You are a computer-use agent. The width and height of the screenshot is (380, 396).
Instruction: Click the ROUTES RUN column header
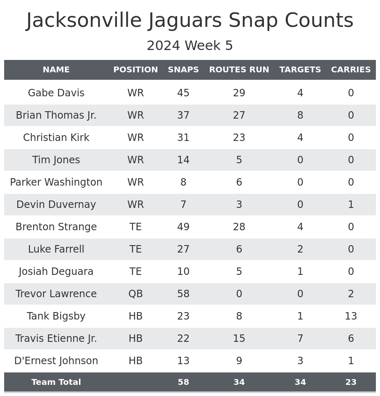pos(239,70)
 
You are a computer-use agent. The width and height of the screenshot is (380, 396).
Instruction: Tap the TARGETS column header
pos(300,70)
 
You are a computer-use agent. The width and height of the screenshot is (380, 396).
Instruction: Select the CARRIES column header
pos(351,70)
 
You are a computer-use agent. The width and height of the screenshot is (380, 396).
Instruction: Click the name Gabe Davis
pos(56,93)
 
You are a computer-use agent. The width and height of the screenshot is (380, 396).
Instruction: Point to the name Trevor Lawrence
pos(56,294)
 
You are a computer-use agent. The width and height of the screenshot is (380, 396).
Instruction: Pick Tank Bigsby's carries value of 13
pos(351,316)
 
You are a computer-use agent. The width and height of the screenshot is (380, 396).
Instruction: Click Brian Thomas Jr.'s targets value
pos(300,115)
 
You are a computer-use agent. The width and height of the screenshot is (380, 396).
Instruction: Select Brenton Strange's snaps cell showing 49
pos(183,227)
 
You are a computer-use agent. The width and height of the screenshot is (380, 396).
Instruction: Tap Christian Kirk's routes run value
pos(239,138)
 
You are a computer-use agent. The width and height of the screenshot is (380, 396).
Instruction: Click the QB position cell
pos(135,294)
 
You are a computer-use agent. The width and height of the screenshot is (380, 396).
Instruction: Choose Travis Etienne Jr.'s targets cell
pos(300,339)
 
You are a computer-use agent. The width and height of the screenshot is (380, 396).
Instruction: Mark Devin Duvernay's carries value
pos(351,205)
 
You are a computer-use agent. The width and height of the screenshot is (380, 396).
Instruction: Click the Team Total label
pos(56,382)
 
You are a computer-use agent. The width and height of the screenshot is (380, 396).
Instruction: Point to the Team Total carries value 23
pos(351,382)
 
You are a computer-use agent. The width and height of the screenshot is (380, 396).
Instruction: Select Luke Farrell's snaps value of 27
pos(183,249)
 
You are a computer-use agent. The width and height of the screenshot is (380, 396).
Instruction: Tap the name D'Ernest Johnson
pos(56,361)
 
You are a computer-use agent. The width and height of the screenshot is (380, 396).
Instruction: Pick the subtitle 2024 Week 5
pos(190,46)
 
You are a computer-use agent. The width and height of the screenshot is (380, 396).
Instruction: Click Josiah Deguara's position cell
pos(135,272)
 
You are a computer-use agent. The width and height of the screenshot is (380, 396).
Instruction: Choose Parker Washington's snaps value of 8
pos(183,182)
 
